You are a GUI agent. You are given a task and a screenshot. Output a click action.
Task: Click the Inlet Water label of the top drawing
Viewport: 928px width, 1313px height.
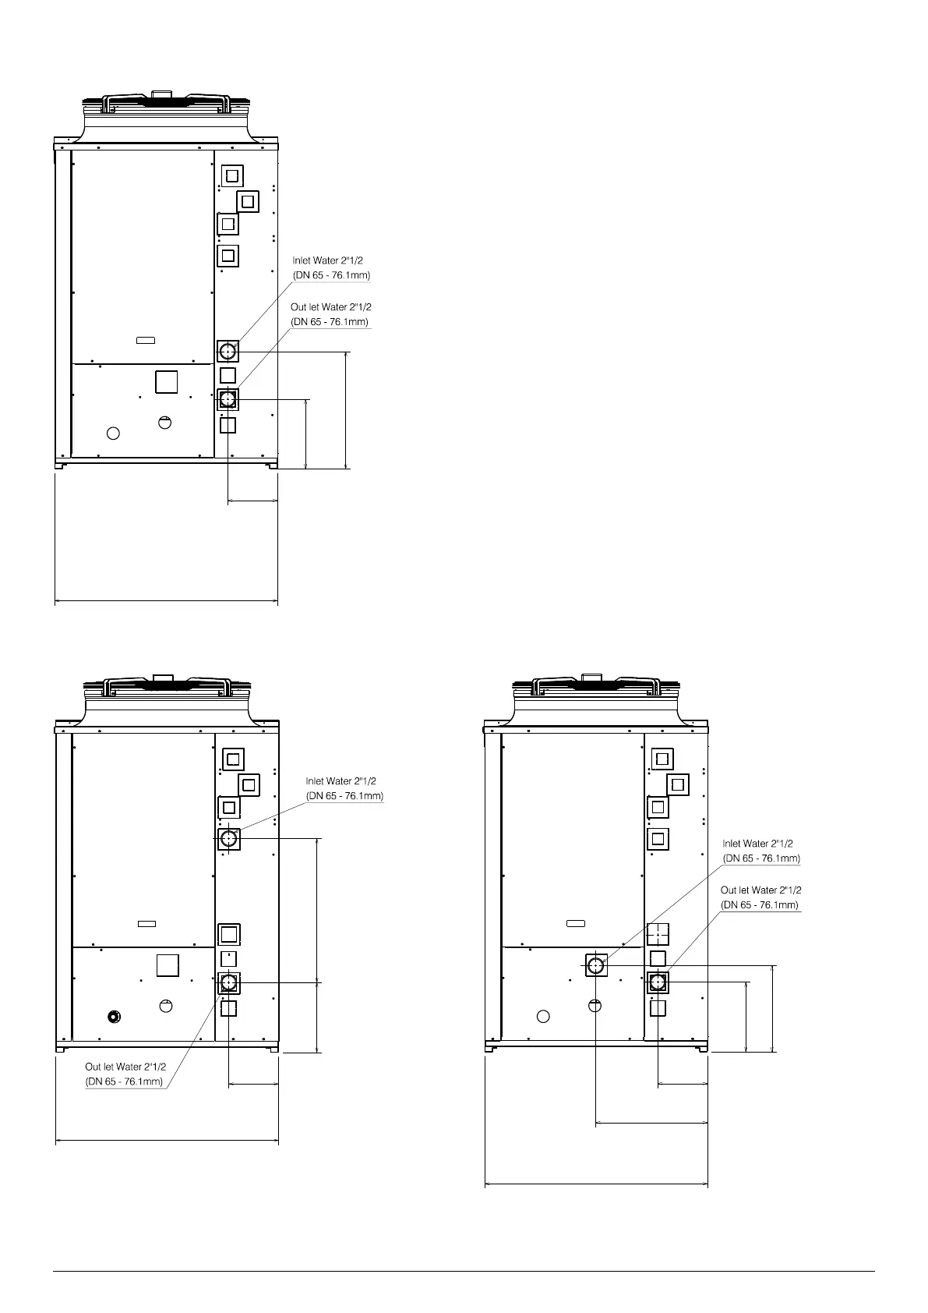coord(332,268)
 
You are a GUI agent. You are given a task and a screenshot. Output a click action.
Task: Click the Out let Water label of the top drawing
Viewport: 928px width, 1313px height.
coord(331,314)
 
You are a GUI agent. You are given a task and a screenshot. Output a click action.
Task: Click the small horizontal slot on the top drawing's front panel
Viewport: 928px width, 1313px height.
coord(146,340)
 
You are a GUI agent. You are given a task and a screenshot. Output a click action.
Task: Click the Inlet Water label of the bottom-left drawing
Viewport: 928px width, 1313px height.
coord(344,788)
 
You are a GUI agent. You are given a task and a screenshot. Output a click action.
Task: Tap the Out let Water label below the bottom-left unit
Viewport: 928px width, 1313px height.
coord(125,1074)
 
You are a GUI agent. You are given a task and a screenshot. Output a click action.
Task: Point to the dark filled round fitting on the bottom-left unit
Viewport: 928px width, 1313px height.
coord(115,1017)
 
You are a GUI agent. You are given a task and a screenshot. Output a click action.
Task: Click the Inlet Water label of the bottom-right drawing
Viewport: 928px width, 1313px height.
coord(761,851)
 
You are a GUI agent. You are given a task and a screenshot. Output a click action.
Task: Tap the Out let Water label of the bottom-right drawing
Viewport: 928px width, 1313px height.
coord(760,897)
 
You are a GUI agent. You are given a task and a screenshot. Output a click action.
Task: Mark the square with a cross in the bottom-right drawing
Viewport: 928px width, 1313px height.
coord(658,934)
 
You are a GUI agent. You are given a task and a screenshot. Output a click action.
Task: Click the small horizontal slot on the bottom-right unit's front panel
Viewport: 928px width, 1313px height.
coord(576,923)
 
